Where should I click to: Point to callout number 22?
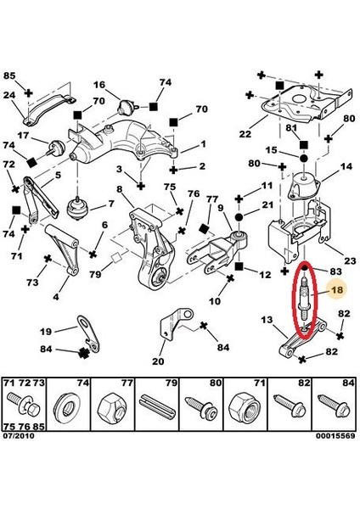(245, 134)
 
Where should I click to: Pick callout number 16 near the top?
(99, 85)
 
